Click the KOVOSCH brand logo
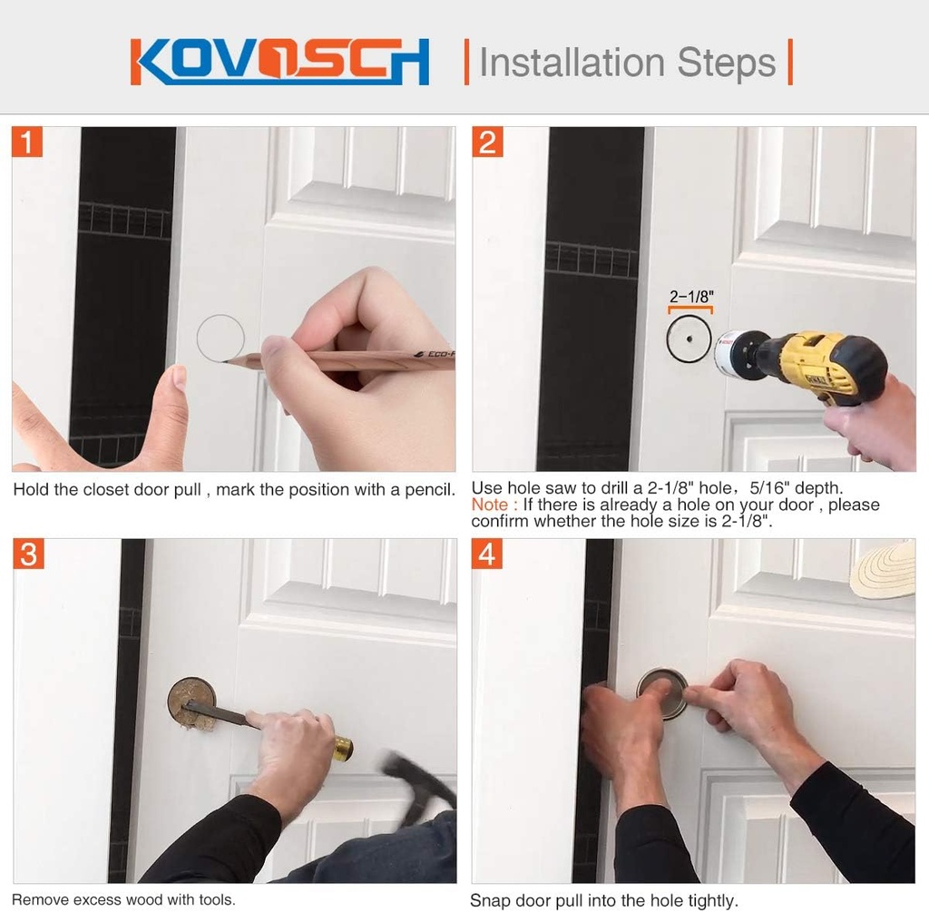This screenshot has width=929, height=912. point(279,62)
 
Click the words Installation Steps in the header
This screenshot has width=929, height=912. point(627,63)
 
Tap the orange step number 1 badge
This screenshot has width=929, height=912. point(28,142)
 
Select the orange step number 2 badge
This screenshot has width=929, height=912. point(488,142)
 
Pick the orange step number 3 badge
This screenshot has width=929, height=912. point(28,554)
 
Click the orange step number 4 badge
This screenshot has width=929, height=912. point(488,554)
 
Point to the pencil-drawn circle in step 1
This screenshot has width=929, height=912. point(220,338)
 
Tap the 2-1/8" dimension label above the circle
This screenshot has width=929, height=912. point(690,296)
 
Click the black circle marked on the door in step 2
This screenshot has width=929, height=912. point(689,339)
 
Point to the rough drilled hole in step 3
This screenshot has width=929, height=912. point(191,701)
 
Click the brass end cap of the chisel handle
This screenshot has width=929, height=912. point(342,749)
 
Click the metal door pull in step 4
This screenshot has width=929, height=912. point(661,693)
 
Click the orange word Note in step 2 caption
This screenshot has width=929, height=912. point(489,505)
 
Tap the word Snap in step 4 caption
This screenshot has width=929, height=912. point(489,900)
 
